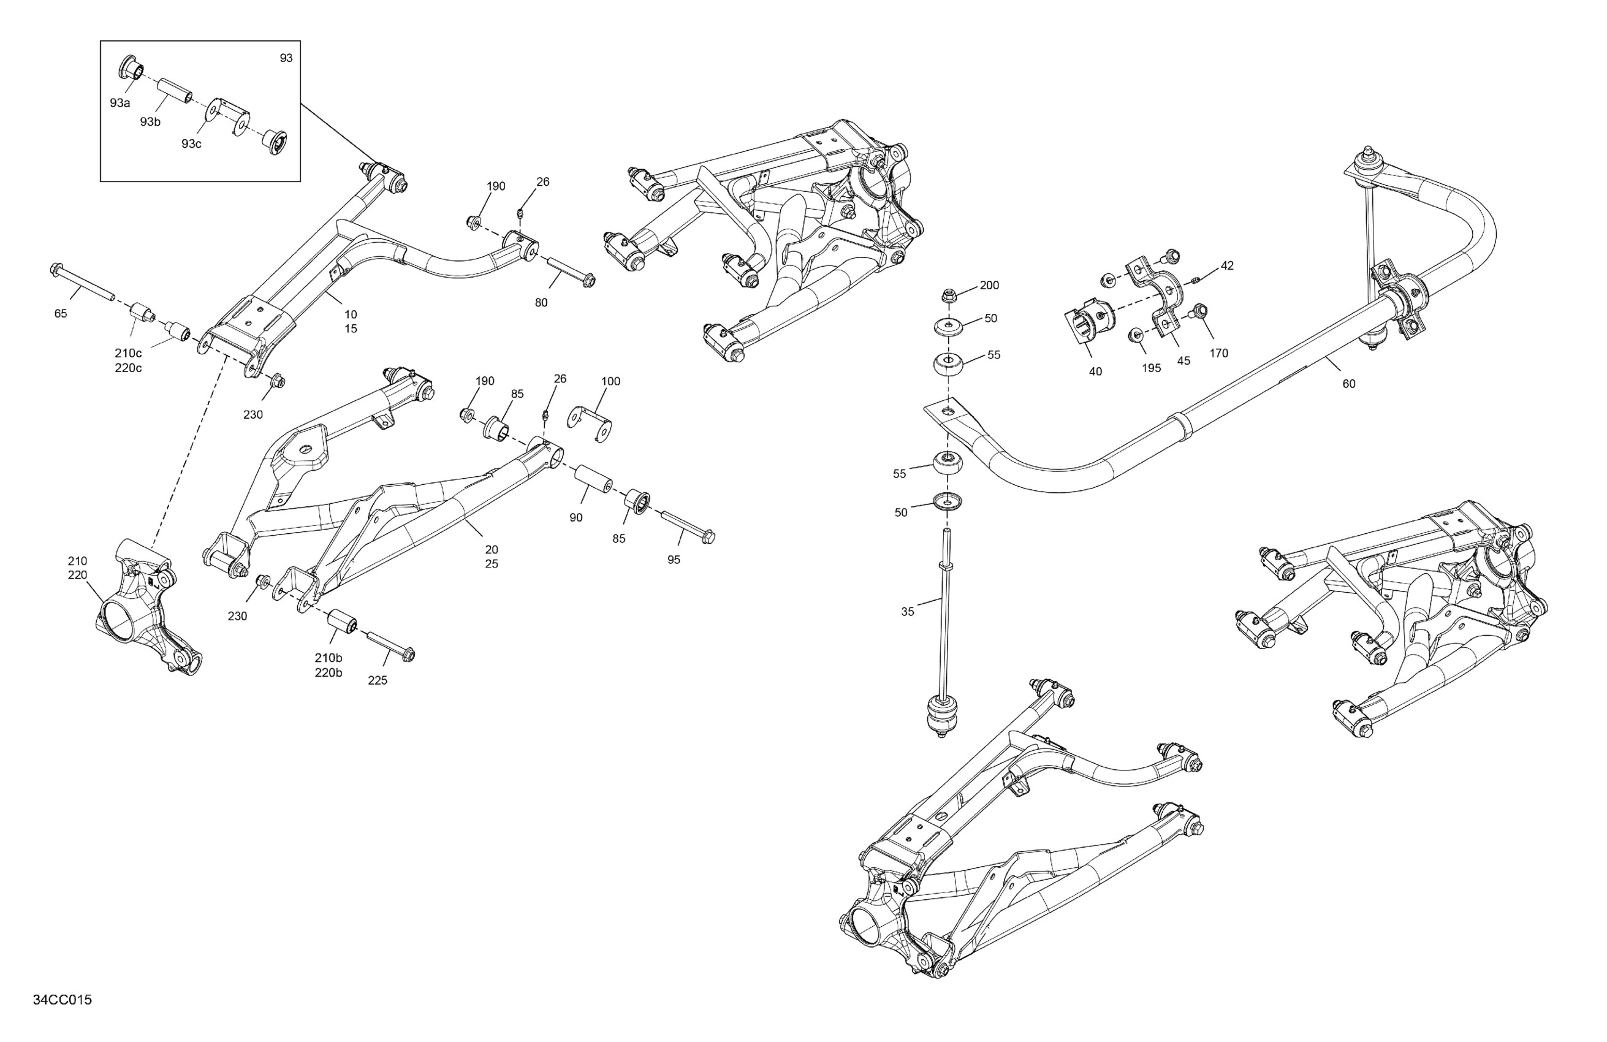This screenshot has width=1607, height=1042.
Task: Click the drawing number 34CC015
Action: [x=62, y=1000]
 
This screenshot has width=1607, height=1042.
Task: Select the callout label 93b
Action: [x=151, y=121]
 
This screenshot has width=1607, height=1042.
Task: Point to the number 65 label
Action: [x=61, y=313]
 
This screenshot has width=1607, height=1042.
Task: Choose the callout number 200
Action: [x=989, y=285]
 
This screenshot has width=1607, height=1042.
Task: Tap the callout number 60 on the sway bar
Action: [x=1348, y=384]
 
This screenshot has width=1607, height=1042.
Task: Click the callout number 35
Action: [x=908, y=611]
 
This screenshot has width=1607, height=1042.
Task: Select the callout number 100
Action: [x=610, y=381]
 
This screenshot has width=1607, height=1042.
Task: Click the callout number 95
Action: [x=674, y=559]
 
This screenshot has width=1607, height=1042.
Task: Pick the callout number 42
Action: [x=1227, y=265]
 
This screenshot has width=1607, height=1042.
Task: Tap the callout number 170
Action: [x=1219, y=352]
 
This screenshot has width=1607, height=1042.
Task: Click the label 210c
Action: [x=128, y=353]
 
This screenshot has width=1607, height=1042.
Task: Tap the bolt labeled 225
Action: [x=390, y=645]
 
